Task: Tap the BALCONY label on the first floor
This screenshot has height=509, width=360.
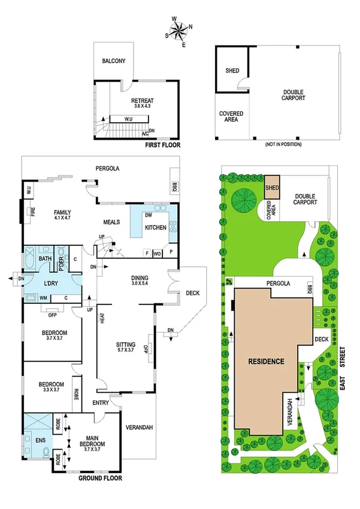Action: (113, 61)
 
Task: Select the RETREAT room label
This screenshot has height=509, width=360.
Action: (143, 101)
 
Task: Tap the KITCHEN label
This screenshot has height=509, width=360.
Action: (155, 227)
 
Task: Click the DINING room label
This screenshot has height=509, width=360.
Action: (143, 278)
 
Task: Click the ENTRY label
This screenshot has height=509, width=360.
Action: (101, 402)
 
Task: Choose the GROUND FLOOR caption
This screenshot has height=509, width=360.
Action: (101, 478)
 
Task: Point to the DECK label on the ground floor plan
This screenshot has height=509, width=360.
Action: (192, 293)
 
